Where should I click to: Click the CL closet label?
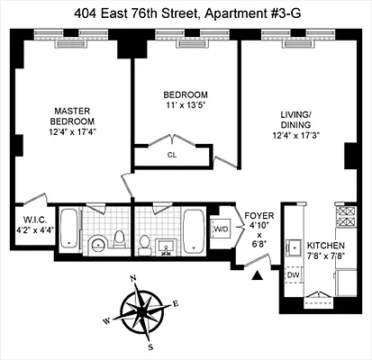tap(171, 155)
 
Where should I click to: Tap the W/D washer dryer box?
tap(220, 229)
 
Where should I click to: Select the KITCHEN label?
tap(323, 245)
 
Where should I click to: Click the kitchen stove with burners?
tap(345, 219)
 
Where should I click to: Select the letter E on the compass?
tap(176, 303)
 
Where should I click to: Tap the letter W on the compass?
tap(106, 320)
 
